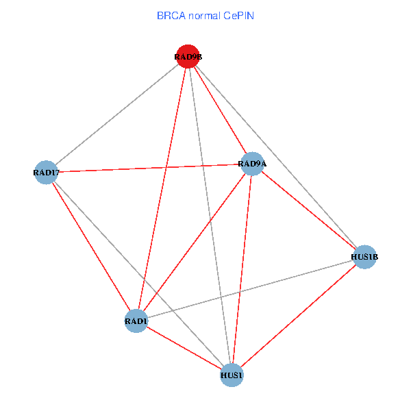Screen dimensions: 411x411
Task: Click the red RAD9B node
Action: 188,57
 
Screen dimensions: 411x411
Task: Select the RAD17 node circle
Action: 45,172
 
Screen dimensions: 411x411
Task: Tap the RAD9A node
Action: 252,164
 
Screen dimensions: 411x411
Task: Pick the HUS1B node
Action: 364,257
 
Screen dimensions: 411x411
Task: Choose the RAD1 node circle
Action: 136,321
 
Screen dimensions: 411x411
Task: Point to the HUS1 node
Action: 232,375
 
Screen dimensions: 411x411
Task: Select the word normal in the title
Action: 203,14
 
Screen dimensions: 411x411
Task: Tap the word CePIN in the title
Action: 238,14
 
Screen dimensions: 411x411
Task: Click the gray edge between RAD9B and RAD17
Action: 116,114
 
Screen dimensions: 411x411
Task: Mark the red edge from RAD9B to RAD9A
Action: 220,110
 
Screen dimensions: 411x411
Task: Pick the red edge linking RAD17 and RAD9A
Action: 149,168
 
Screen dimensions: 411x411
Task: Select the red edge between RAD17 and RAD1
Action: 90,246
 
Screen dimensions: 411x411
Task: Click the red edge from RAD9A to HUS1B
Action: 308,210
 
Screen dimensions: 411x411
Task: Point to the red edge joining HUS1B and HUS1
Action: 298,316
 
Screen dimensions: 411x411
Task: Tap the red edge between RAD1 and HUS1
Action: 184,348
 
